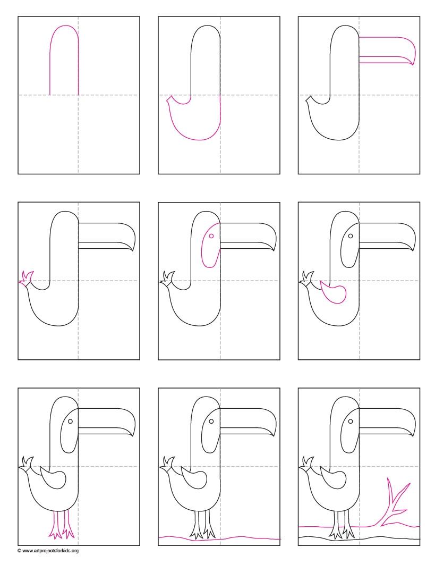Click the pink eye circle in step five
[211, 235]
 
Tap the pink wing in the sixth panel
[335, 294]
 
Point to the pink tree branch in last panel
[393, 505]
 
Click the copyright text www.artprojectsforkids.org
[48, 551]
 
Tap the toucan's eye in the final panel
[351, 421]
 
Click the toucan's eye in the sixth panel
[351, 235]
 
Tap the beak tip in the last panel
[412, 435]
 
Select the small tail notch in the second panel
[170, 99]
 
